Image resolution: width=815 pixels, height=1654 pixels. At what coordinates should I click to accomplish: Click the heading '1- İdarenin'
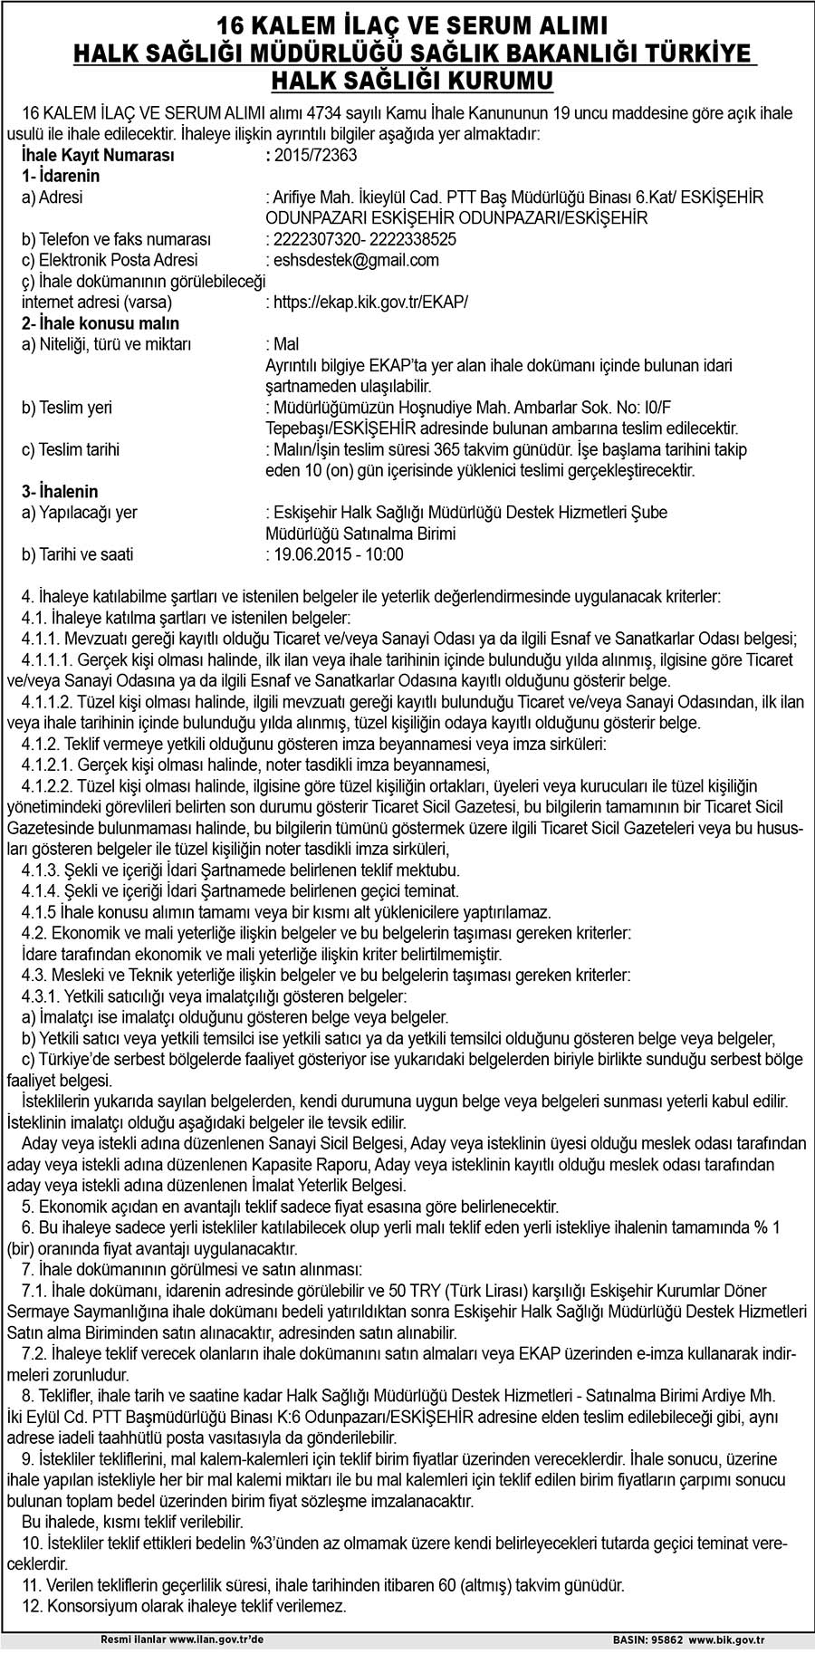[x=61, y=176]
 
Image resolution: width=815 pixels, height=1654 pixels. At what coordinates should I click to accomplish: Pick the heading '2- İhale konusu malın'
[x=101, y=323]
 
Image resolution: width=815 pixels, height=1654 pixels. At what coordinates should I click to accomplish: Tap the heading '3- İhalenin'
[x=60, y=491]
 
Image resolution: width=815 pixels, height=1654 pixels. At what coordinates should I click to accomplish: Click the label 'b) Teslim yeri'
[x=67, y=408]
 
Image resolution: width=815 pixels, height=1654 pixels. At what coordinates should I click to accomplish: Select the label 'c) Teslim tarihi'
[x=71, y=449]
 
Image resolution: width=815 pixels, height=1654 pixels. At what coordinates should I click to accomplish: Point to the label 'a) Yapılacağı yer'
[x=80, y=513]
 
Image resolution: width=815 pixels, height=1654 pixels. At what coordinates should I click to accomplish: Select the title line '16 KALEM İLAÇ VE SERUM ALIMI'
[x=407, y=25]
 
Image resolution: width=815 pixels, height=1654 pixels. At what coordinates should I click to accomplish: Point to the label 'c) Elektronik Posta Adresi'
[x=103, y=260]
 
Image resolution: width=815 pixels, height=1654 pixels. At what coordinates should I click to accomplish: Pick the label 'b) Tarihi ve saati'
[x=77, y=554]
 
